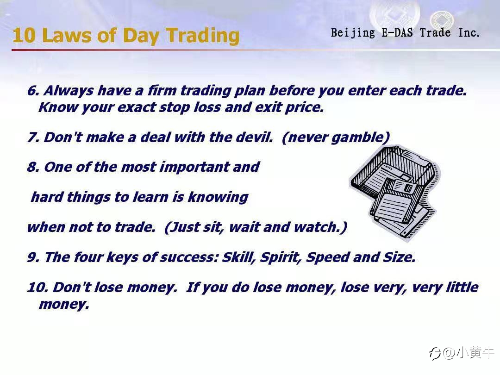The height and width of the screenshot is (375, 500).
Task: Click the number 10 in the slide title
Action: [24, 35]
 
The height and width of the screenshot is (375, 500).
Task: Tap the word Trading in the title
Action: [203, 36]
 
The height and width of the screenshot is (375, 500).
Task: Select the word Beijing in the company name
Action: [353, 33]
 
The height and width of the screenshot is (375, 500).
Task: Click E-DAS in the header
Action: [397, 32]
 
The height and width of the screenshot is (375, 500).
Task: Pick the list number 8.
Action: [33, 167]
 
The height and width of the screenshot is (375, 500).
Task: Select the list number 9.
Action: [33, 257]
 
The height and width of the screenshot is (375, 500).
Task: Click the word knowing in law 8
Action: [218, 197]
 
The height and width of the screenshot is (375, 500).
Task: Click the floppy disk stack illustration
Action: [395, 192]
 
